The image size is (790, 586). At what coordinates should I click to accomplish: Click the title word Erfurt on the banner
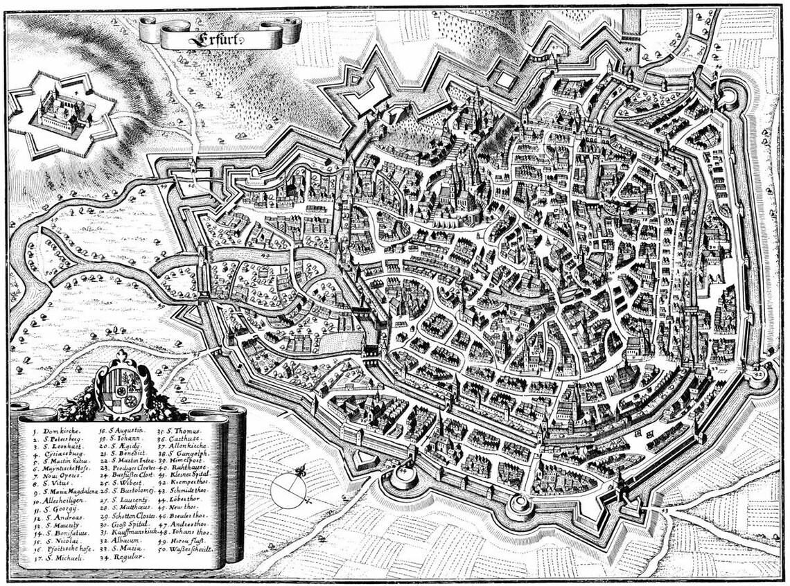coord(220,33)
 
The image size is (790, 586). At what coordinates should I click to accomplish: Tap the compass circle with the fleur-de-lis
coord(289,491)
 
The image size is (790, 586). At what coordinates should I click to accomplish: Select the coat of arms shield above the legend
coord(121,388)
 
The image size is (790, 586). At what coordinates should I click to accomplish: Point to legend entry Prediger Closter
coord(135,468)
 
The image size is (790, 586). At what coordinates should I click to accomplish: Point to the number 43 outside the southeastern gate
coord(665,510)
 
